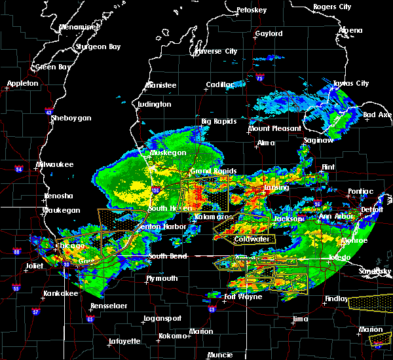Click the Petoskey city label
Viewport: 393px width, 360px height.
pyautogui.click(x=252, y=10)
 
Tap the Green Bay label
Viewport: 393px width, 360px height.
pyautogui.click(x=54, y=67)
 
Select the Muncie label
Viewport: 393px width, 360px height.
pyautogui.click(x=219, y=355)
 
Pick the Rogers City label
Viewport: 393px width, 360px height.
pyautogui.click(x=331, y=7)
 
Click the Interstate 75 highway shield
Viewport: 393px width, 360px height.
pyautogui.click(x=260, y=79)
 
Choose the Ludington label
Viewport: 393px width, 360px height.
pyautogui.click(x=155, y=104)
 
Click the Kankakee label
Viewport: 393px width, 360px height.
pyautogui.click(x=61, y=293)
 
